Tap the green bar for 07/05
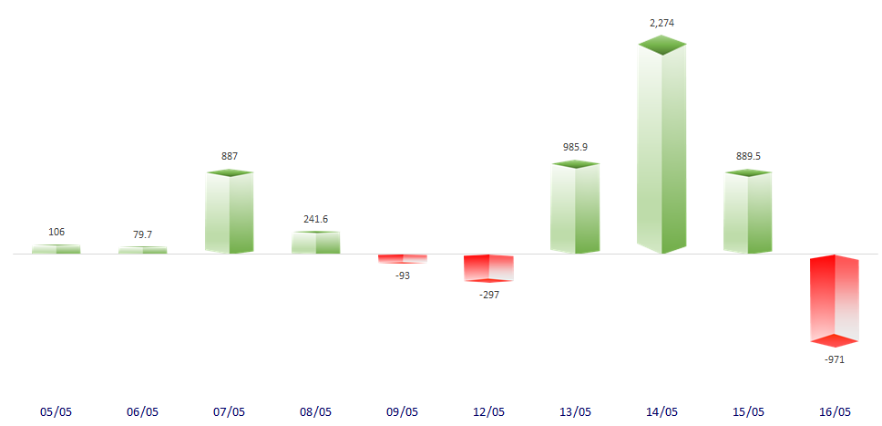(x=229, y=213)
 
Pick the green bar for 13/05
(x=575, y=208)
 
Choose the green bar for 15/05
(x=748, y=213)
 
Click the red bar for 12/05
(x=488, y=268)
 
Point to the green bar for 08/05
(x=315, y=243)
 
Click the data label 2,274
(x=662, y=22)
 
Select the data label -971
(x=835, y=360)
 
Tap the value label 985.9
(x=576, y=146)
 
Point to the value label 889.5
(x=749, y=155)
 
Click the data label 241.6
(x=315, y=219)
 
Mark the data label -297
(x=488, y=294)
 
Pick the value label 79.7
(x=142, y=234)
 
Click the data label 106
(x=56, y=232)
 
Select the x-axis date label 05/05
(x=56, y=411)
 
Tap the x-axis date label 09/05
(x=402, y=411)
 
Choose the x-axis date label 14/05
(x=661, y=411)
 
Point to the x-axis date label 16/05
(x=835, y=411)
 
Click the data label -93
(x=403, y=275)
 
